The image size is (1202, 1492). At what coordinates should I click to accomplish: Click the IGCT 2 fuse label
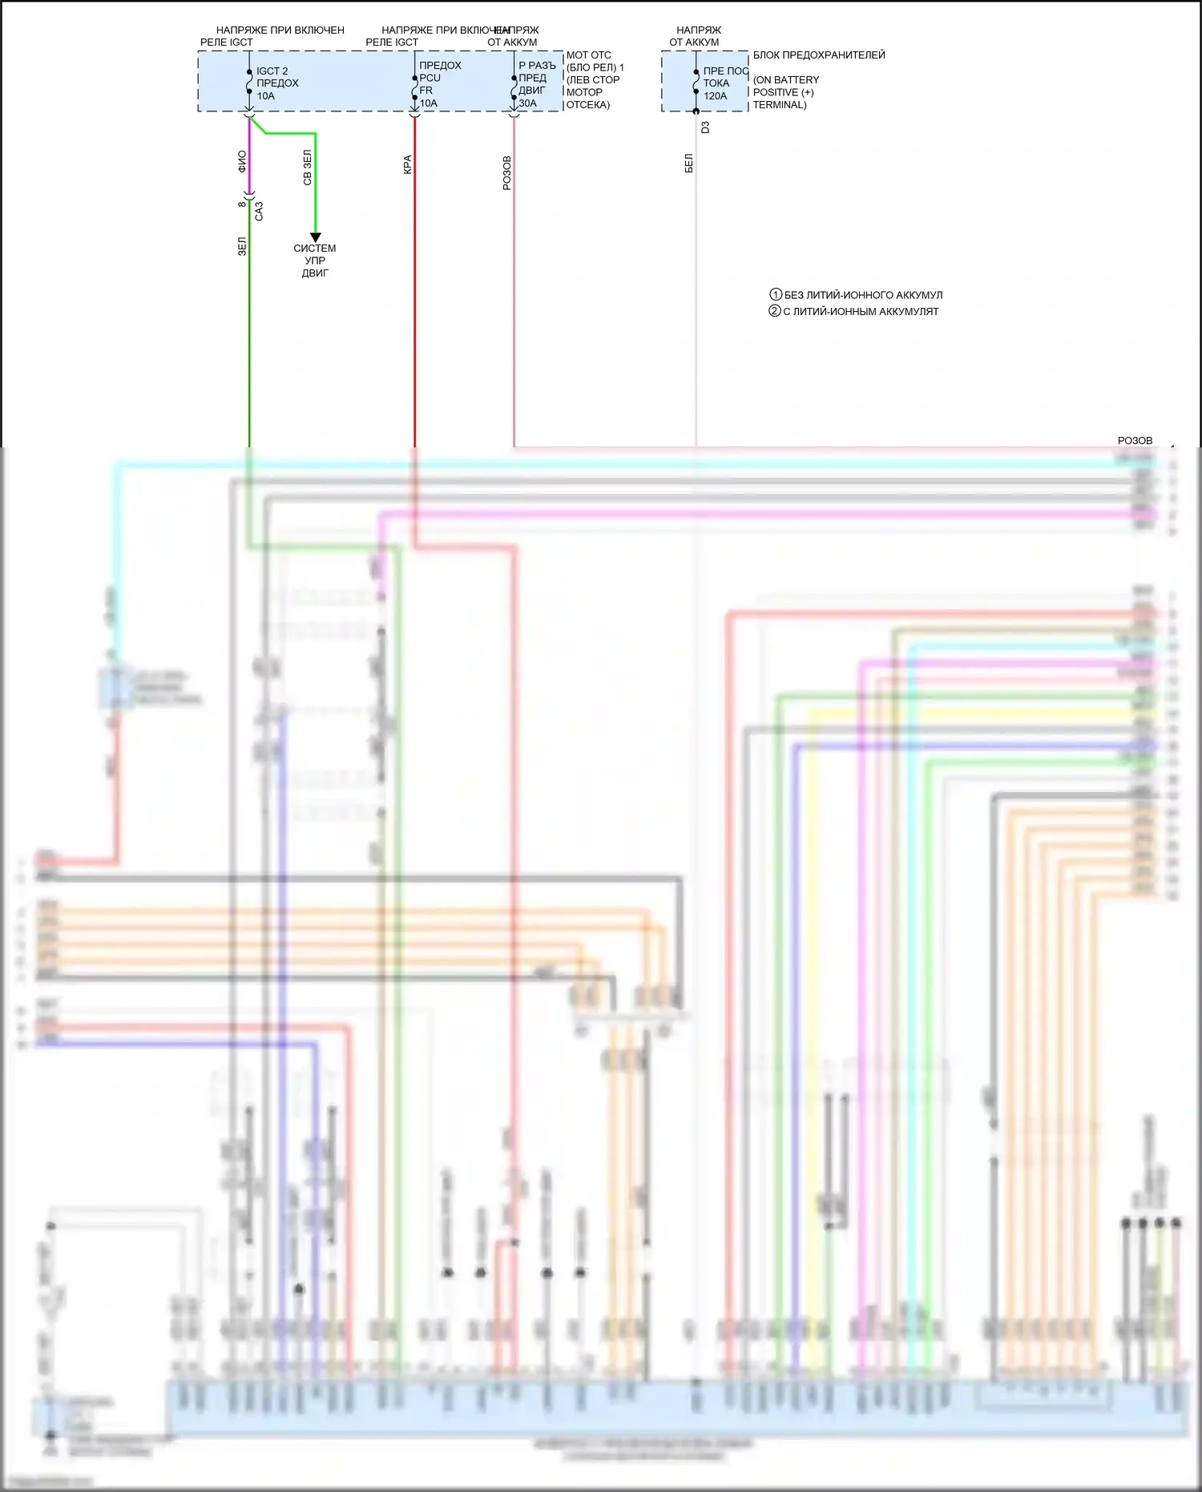[x=272, y=71]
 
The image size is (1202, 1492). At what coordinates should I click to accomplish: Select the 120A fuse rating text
[x=716, y=96]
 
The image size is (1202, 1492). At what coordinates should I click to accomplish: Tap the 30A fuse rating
[x=527, y=103]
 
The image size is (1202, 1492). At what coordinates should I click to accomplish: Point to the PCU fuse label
[x=430, y=78]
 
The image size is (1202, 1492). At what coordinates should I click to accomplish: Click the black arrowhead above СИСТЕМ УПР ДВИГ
[x=315, y=237]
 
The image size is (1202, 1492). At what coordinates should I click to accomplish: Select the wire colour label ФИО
[x=242, y=162]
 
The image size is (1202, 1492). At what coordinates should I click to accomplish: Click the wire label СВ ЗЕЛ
[x=307, y=168]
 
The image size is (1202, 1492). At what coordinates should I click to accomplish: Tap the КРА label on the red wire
[x=407, y=164]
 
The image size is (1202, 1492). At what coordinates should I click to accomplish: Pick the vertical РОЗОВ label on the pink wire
[x=506, y=173]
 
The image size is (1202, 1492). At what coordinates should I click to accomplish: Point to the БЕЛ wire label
[x=688, y=164]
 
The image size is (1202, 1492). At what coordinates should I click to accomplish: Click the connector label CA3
[x=259, y=211]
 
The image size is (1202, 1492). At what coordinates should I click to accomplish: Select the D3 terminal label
[x=705, y=127]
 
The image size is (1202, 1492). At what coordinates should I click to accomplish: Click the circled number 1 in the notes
[x=775, y=295]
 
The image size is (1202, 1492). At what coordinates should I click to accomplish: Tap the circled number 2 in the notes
[x=775, y=311]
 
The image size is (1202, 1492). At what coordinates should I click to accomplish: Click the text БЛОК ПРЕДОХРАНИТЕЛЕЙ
[x=819, y=55]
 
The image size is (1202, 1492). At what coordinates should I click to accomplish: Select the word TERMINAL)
[x=779, y=105]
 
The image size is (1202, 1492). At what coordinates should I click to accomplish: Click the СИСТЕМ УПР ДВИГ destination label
[x=315, y=261]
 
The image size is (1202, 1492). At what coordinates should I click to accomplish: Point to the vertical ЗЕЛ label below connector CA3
[x=242, y=246]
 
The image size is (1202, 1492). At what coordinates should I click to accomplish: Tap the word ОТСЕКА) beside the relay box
[x=588, y=105]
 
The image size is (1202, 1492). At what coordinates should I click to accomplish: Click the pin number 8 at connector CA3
[x=242, y=204]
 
